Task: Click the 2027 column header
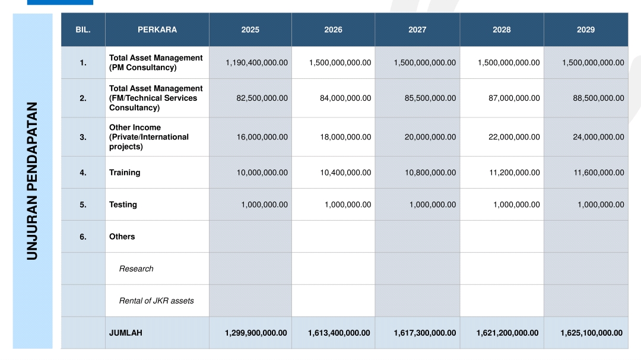click(x=417, y=30)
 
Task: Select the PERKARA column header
click(x=157, y=30)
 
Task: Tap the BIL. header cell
click(x=83, y=30)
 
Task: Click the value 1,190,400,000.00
click(x=257, y=62)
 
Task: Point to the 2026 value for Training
click(x=345, y=173)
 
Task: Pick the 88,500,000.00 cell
click(x=598, y=98)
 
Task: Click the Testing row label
click(x=123, y=205)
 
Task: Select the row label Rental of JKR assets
click(x=156, y=301)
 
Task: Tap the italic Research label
click(x=136, y=269)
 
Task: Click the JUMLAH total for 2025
click(x=256, y=333)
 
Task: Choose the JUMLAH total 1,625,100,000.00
click(x=592, y=333)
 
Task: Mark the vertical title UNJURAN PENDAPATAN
click(x=32, y=181)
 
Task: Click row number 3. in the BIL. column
click(x=83, y=138)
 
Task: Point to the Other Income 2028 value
click(x=514, y=138)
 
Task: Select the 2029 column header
click(x=586, y=30)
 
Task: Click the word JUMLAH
click(x=125, y=333)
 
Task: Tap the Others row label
click(x=122, y=237)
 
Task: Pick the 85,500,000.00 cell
click(x=430, y=98)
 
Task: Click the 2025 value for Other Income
click(x=262, y=138)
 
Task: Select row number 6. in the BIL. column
click(x=83, y=237)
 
